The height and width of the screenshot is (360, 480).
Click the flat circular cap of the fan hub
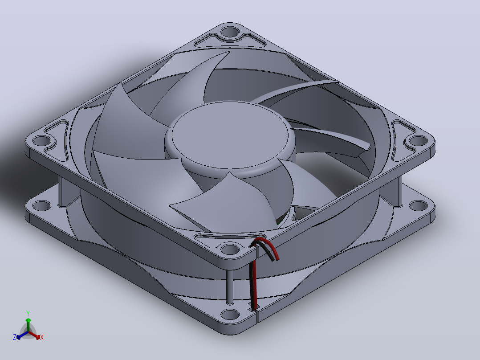pyautogui.click(x=230, y=135)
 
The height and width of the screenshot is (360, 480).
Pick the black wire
pyautogui.click(x=252, y=282)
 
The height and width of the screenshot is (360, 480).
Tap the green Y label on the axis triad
pyautogui.click(x=28, y=314)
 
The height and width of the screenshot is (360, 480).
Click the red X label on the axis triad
pyautogui.click(x=42, y=337)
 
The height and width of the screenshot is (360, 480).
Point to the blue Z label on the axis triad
pyautogui.click(x=15, y=337)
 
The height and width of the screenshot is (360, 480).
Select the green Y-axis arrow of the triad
pyautogui.click(x=28, y=325)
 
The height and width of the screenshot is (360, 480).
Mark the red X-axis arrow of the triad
pyautogui.click(x=35, y=335)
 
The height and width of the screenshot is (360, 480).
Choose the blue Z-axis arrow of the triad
pyautogui.click(x=22, y=335)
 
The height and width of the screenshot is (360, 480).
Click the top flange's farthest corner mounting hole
pyautogui.click(x=230, y=32)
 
